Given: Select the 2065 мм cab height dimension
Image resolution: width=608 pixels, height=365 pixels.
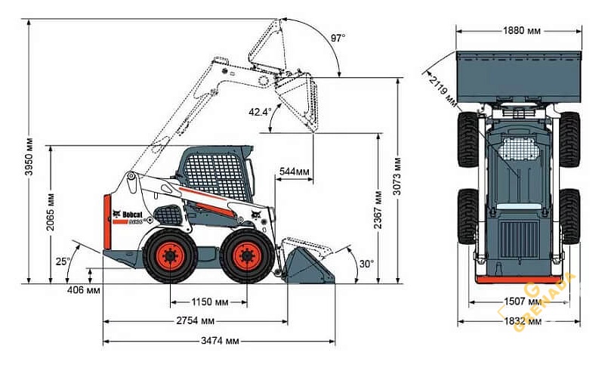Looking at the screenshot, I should click(x=51, y=214).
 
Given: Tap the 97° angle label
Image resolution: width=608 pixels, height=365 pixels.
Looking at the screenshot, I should click(x=337, y=38).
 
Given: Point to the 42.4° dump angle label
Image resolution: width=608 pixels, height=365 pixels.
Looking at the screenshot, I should click(x=259, y=112).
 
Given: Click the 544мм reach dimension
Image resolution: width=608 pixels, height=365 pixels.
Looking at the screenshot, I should click(x=294, y=172).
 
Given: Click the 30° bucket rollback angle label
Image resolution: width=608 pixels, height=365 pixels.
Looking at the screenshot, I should click(x=367, y=264).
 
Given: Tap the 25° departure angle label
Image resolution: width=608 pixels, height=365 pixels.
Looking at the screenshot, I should click(x=63, y=261).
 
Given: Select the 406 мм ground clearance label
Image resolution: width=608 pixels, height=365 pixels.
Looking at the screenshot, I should click(x=83, y=290).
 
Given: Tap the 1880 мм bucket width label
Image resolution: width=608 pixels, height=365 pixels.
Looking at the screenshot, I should click(x=521, y=31).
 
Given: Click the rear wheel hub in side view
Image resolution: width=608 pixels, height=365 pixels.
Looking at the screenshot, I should click(x=169, y=256).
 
